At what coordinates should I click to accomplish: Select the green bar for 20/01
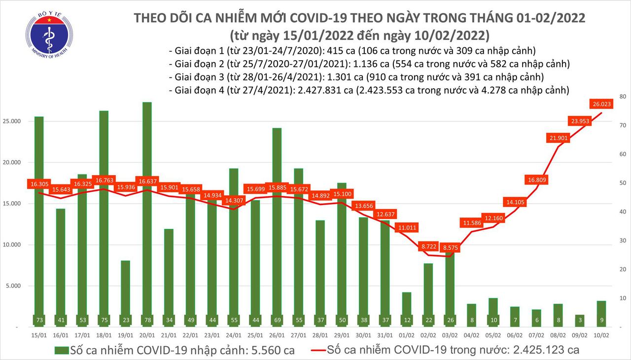[146, 212]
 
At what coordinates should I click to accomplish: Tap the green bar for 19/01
[125, 291]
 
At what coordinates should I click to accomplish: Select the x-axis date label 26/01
[277, 336]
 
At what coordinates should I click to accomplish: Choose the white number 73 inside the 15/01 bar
[38, 320]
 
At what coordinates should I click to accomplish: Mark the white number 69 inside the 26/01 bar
[277, 320]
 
